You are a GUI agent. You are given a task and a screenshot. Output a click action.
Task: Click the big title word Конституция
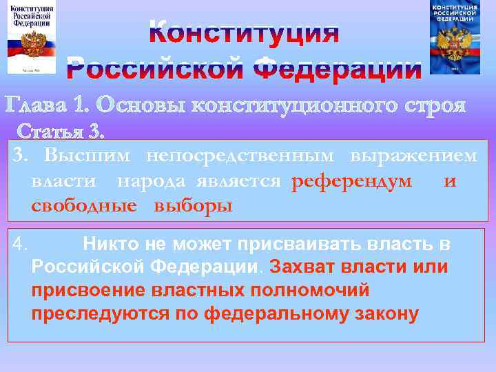tap(244, 32)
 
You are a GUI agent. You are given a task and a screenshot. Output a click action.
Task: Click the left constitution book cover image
tap(32, 37)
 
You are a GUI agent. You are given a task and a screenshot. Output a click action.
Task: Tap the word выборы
tap(193, 206)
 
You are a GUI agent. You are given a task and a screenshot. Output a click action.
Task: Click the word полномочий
tap(311, 290)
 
